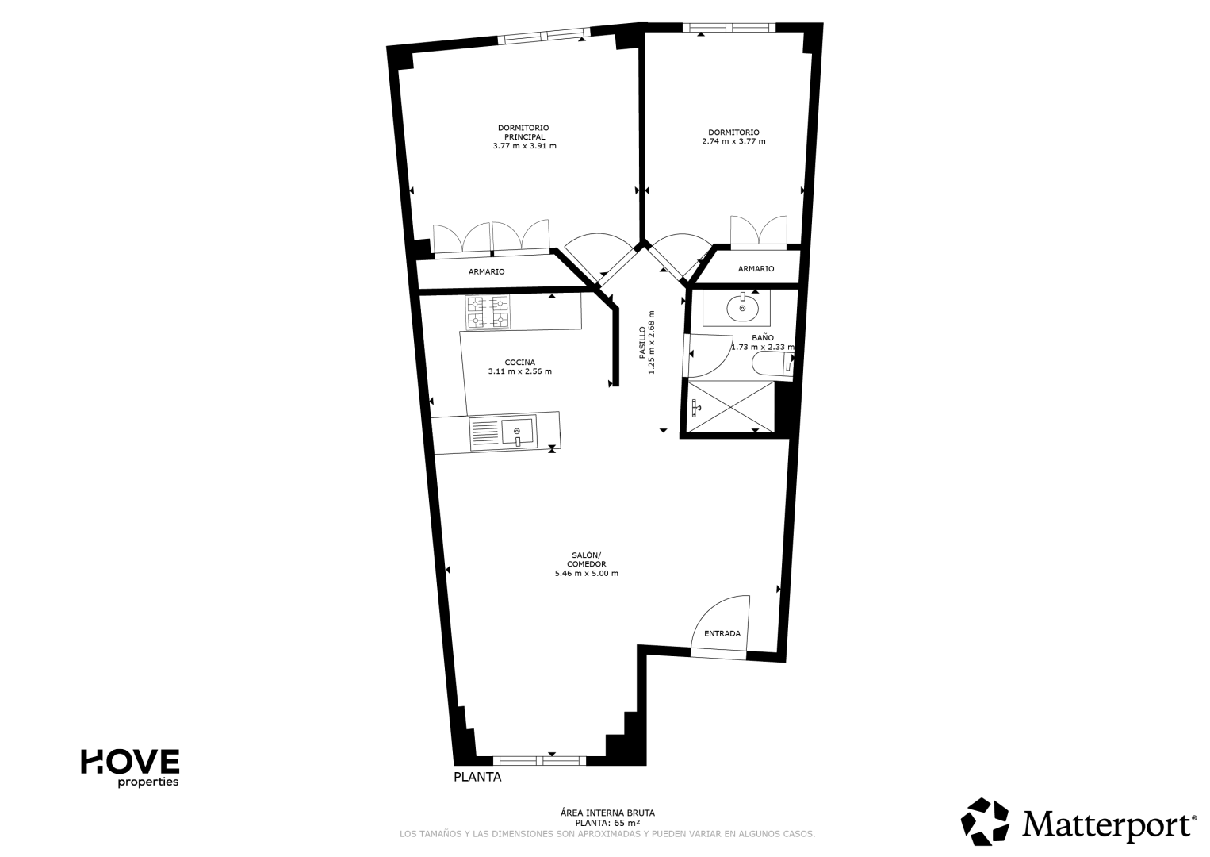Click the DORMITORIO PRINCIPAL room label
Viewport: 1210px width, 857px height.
523,133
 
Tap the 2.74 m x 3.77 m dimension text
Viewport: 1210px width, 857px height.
733,142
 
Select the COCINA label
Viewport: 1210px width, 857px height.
519,363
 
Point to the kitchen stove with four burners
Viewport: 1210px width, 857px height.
488,312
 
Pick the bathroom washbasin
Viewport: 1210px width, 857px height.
742,308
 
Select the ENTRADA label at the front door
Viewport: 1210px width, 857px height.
722,634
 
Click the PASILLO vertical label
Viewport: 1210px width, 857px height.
642,343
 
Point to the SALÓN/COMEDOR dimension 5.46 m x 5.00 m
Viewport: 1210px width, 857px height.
587,574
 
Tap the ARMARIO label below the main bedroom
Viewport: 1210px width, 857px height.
487,272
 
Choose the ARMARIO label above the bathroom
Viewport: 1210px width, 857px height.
756,269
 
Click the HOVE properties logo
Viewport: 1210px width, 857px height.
130,768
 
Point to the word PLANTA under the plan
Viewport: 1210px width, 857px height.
477,777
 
